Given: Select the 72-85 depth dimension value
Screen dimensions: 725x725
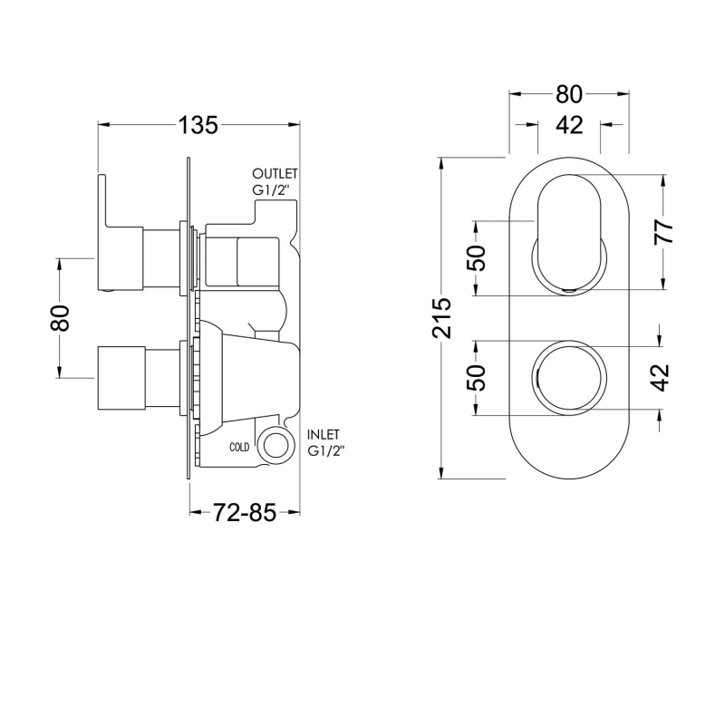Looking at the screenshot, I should (244, 512).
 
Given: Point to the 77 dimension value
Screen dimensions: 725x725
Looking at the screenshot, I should (664, 230).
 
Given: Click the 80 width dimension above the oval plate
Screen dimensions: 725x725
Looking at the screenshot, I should (568, 94).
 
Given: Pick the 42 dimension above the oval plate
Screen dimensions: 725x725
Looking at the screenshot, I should (568, 125).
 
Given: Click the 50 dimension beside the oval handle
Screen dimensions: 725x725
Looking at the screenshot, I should (478, 258).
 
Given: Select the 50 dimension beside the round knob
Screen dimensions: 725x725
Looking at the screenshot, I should (478, 375).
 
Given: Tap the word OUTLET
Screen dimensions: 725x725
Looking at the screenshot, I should (275, 174).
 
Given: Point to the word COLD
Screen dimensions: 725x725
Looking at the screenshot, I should (240, 448).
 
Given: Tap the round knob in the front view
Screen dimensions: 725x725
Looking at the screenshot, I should (568, 375).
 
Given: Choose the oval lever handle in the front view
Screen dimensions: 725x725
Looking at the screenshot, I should (568, 230).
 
